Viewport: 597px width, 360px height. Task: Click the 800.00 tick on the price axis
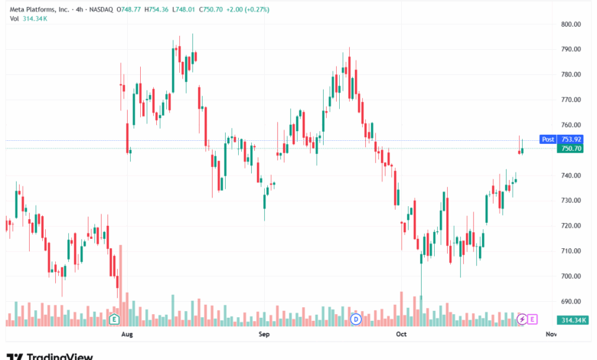click(572, 25)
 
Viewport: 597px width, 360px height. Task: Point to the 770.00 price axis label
click(572, 100)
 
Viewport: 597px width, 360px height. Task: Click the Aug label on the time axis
click(128, 335)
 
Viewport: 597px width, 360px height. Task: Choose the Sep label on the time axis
click(264, 335)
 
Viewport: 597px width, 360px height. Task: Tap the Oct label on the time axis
click(400, 335)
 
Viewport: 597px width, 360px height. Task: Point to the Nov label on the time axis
click(551, 335)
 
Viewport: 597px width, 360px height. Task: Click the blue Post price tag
click(548, 139)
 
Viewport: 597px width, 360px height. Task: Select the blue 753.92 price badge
click(572, 139)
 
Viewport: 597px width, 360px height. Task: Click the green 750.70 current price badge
click(572, 149)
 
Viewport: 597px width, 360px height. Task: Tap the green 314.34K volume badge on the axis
click(572, 320)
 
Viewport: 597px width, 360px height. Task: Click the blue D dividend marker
click(355, 319)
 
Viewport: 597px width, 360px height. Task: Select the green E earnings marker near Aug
click(114, 319)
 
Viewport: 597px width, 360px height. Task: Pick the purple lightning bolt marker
click(522, 319)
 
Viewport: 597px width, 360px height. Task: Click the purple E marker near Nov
click(532, 319)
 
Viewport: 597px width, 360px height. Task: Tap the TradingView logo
click(50, 355)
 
